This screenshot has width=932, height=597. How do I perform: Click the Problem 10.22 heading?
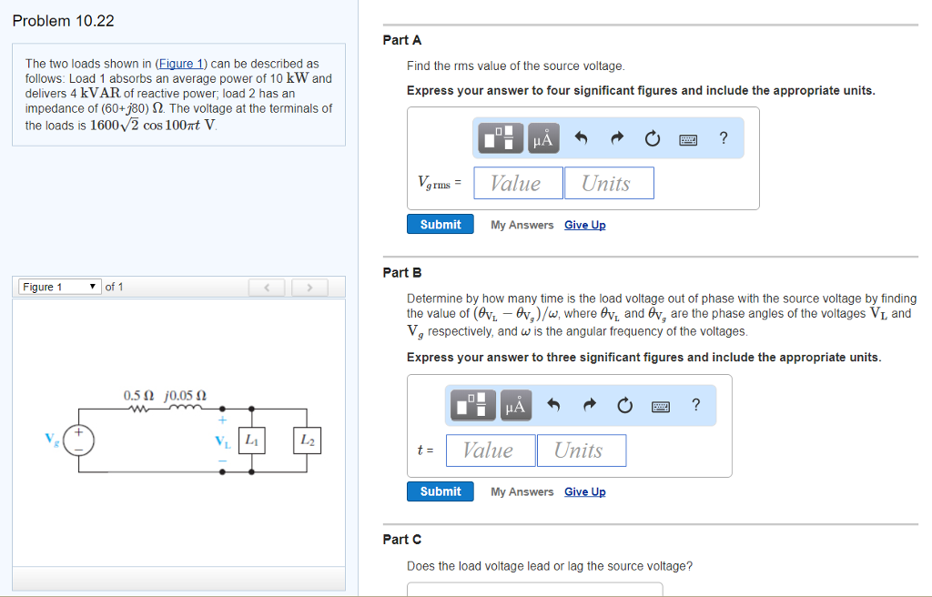point(64,21)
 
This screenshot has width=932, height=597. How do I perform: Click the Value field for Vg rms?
point(517,183)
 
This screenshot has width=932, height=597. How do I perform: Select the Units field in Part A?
point(607,183)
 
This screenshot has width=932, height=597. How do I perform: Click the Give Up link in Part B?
point(584,491)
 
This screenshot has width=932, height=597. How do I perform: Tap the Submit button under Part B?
point(441,491)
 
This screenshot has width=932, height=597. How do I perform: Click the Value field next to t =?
point(490,450)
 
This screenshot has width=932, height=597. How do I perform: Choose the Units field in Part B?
point(580,450)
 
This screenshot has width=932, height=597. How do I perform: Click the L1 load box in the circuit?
point(251,440)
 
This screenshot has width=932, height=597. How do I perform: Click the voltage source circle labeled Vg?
point(79,440)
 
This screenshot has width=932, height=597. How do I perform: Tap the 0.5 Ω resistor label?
point(138,396)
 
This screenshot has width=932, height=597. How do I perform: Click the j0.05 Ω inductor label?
point(186,396)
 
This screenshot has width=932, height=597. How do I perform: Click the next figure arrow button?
point(310,288)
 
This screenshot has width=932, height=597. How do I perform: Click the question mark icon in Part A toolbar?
point(724,138)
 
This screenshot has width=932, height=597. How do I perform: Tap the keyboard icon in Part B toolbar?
point(662,406)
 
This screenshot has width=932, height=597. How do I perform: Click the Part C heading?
point(402,540)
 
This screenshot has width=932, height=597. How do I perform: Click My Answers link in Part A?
point(522,225)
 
